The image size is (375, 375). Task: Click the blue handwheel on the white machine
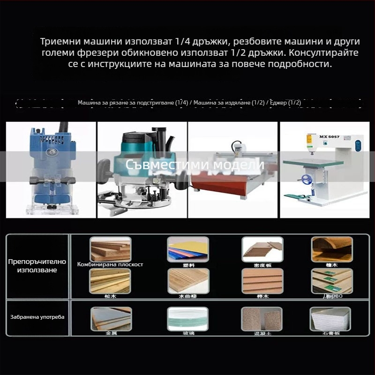click(x=307, y=179)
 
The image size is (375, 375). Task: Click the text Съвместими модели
click(x=195, y=165)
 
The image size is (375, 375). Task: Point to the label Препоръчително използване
click(x=37, y=266)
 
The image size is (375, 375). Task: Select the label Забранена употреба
click(x=37, y=317)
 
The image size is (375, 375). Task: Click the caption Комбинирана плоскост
click(x=110, y=264)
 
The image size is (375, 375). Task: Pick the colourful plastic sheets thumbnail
click(x=187, y=249)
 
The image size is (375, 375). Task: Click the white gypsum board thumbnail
click(x=330, y=318)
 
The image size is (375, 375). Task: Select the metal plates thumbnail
click(x=111, y=318)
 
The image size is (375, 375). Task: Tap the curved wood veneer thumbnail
click(x=332, y=249)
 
